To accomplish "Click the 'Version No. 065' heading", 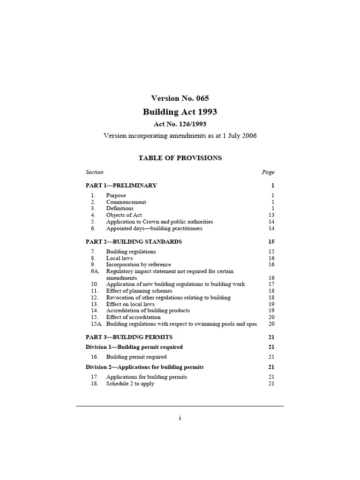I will point(180,98).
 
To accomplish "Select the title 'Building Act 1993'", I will point(180,112).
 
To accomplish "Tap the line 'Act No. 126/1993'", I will point(180,124).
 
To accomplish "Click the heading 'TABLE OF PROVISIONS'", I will point(180,158).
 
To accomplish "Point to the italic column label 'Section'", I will point(95,172).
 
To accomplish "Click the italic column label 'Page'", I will point(268,172).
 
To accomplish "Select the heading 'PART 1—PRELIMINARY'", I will point(121,185).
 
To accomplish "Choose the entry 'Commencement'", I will point(126,202).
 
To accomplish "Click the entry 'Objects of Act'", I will point(124,215).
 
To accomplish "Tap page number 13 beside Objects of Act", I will point(271,215).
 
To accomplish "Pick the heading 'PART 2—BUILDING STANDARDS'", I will point(134,242).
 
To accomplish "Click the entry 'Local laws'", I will point(120,258).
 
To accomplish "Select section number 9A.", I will point(95,271).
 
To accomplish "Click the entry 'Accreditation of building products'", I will point(148,311).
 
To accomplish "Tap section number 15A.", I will point(95,324).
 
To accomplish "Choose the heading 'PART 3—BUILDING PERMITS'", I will point(129,337).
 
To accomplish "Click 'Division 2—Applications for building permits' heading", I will point(145,367).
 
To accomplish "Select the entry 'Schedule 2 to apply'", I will point(130,384).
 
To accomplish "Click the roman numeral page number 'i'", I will point(180,419).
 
